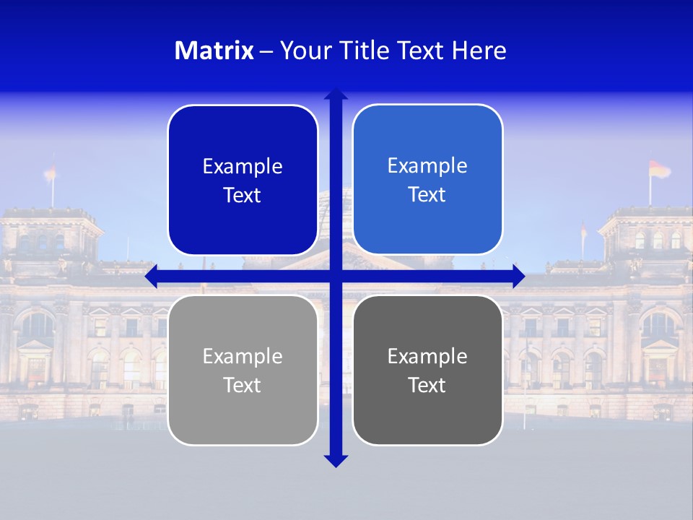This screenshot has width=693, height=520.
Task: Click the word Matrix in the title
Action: click(x=214, y=51)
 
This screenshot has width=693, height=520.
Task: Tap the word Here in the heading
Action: click(x=479, y=51)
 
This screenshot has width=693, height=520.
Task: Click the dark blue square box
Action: click(x=243, y=181)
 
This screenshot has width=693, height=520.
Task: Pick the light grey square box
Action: click(x=243, y=370)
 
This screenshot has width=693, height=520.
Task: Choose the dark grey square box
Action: click(x=427, y=370)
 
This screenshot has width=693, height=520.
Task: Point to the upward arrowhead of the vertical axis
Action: click(x=336, y=94)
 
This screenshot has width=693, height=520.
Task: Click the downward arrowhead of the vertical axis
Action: click(x=336, y=461)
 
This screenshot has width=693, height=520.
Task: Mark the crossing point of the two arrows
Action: click(x=336, y=276)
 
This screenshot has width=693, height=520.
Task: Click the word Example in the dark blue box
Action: click(x=243, y=167)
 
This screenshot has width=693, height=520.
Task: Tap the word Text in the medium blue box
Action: click(x=427, y=194)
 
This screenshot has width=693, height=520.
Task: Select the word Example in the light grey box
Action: click(x=243, y=357)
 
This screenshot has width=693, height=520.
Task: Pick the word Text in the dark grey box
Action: click(x=427, y=385)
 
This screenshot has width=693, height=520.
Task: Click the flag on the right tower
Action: click(x=658, y=170)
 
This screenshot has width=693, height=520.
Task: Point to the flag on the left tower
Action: click(x=50, y=172)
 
